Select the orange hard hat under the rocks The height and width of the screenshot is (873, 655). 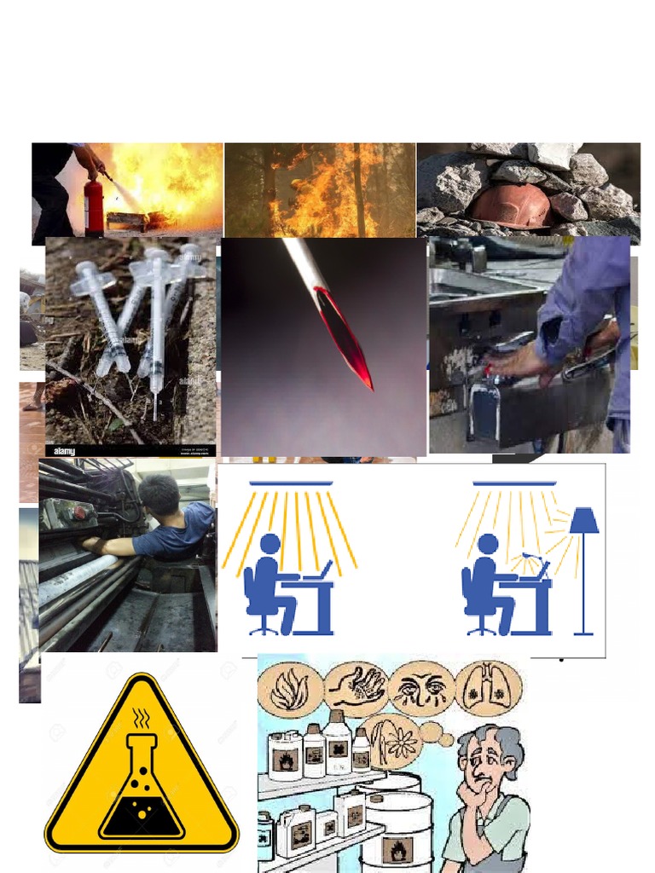coord(511,205)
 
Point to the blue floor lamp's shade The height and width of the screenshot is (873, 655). coord(583,521)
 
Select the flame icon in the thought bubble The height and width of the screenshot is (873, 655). coord(291,689)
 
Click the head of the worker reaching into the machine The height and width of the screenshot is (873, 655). coord(159,495)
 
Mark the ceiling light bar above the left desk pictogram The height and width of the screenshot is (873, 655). coord(291,483)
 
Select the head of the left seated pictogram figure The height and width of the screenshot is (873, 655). coord(270,544)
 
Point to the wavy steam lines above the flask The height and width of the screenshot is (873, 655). coord(142,719)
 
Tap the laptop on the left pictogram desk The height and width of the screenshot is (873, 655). coord(324,569)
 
